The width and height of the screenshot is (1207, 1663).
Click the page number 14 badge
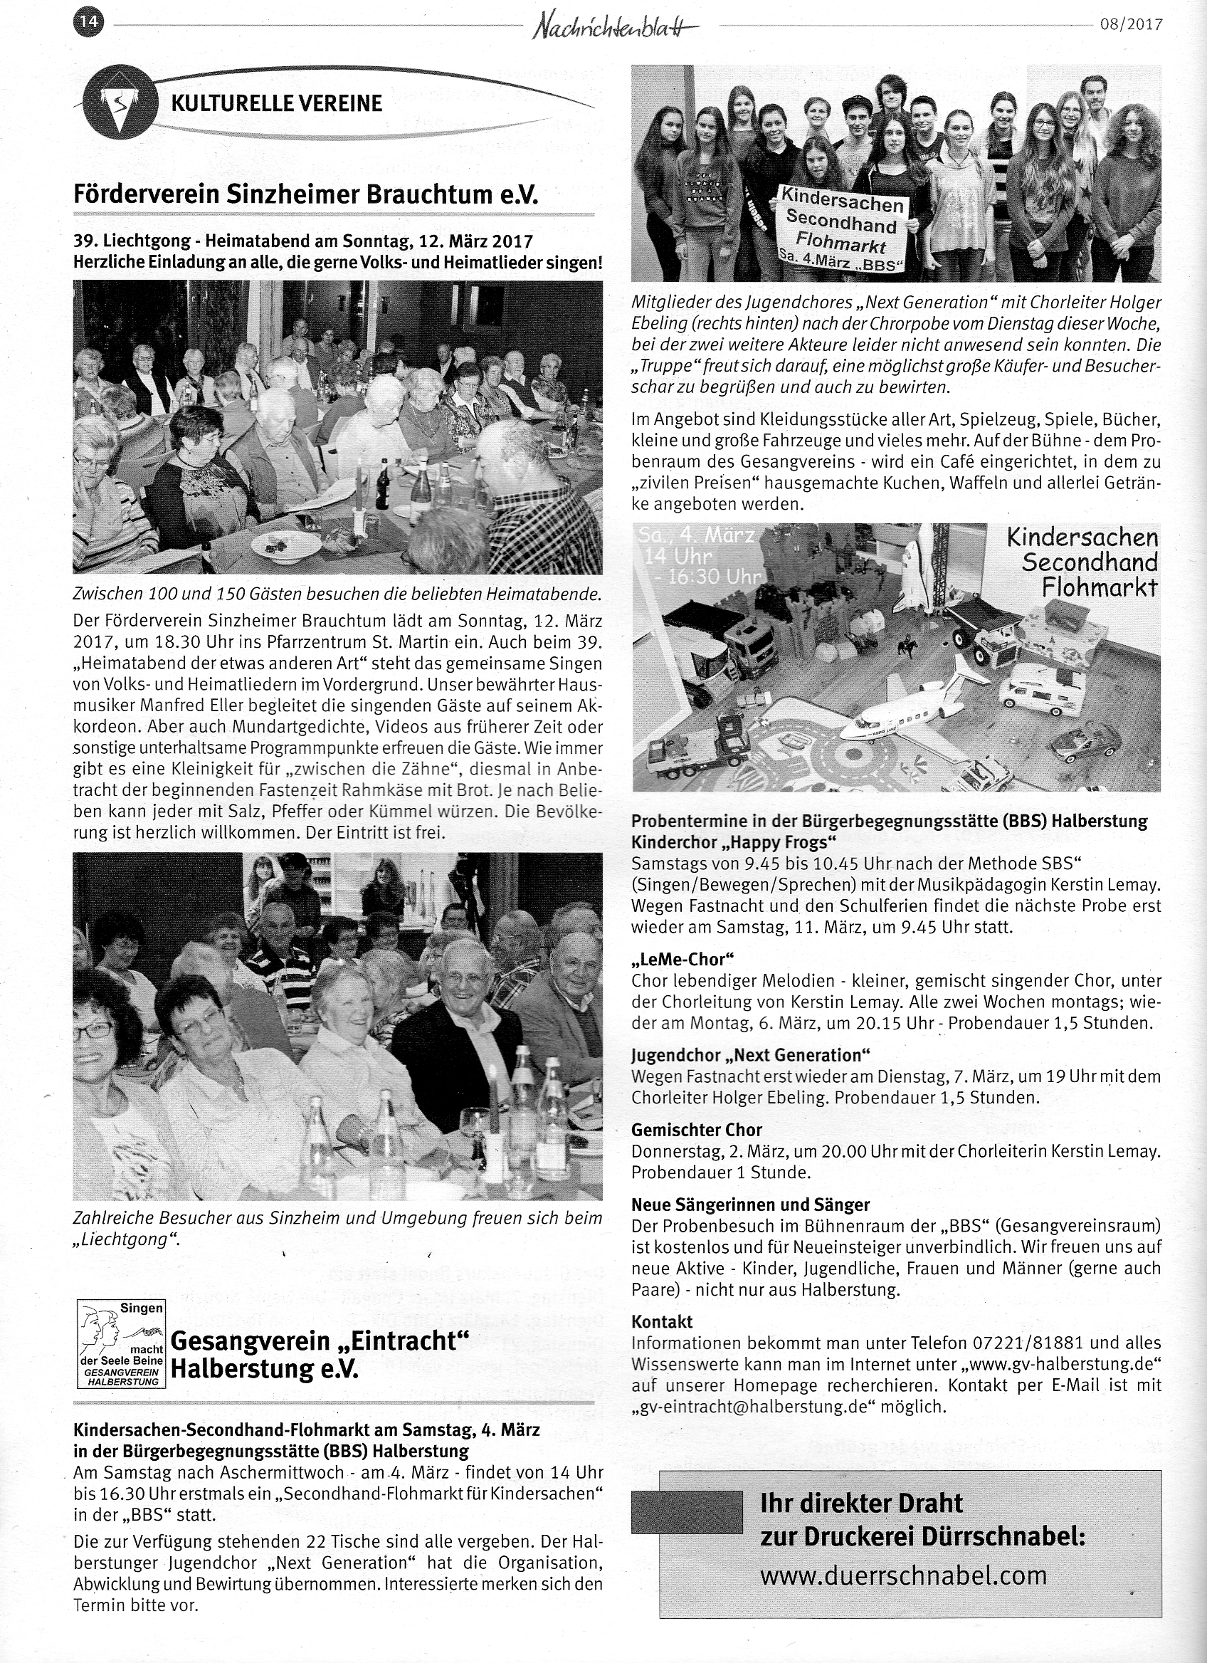(x=89, y=23)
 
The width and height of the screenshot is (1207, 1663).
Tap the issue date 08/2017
(x=1131, y=24)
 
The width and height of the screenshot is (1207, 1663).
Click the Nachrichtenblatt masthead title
(x=615, y=27)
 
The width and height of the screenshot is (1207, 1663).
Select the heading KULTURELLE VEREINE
(x=276, y=103)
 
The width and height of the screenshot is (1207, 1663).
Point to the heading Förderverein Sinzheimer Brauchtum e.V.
(x=305, y=195)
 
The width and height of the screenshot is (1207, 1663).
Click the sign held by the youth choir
(x=842, y=227)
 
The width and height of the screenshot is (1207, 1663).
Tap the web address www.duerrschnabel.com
(x=903, y=1575)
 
